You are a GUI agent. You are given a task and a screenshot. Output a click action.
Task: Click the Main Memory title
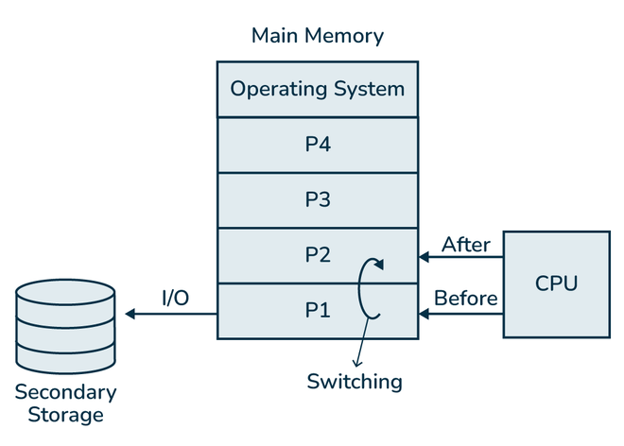(x=317, y=36)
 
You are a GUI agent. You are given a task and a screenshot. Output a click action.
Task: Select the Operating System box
(x=317, y=90)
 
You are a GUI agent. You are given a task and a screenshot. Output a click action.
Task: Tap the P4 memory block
(x=317, y=145)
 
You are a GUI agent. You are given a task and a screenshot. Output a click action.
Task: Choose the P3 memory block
(x=317, y=199)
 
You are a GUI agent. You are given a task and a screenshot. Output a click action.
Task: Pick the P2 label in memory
(x=317, y=255)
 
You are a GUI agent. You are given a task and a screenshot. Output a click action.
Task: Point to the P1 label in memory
(x=317, y=310)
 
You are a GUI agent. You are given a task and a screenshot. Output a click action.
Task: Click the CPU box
(x=555, y=283)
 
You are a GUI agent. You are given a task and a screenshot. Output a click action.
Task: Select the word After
(x=466, y=244)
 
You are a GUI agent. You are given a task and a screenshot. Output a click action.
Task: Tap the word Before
(x=466, y=299)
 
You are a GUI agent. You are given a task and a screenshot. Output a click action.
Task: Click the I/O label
(x=175, y=299)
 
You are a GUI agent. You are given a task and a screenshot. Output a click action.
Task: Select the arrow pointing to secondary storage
(x=170, y=313)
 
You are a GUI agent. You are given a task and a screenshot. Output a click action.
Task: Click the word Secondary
(x=66, y=392)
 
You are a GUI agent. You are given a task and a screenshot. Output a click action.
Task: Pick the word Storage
(x=66, y=415)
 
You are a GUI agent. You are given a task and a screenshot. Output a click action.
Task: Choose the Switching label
(x=355, y=382)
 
